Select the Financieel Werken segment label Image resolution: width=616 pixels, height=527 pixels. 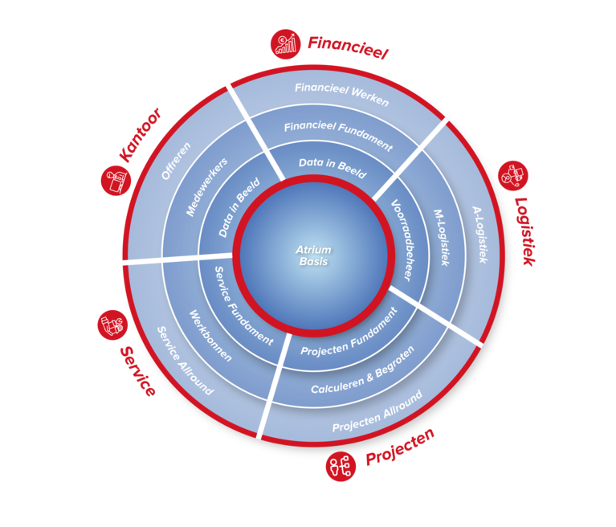(341, 95)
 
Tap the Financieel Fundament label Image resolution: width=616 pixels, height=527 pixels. (338, 135)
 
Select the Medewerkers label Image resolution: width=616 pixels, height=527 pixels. (206, 186)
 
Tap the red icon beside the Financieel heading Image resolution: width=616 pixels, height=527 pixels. (283, 43)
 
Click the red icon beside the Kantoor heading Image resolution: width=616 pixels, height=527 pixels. (115, 180)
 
